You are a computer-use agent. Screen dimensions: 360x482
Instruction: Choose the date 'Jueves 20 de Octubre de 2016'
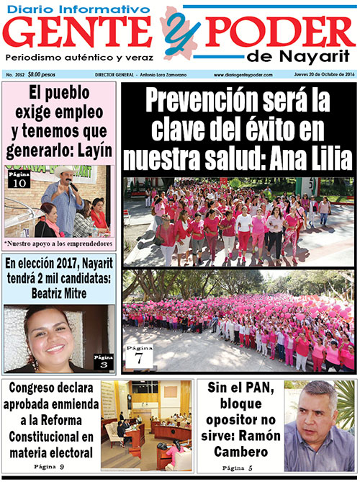coord(323,74)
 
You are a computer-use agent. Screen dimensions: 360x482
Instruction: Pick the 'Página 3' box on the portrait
coord(104,360)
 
